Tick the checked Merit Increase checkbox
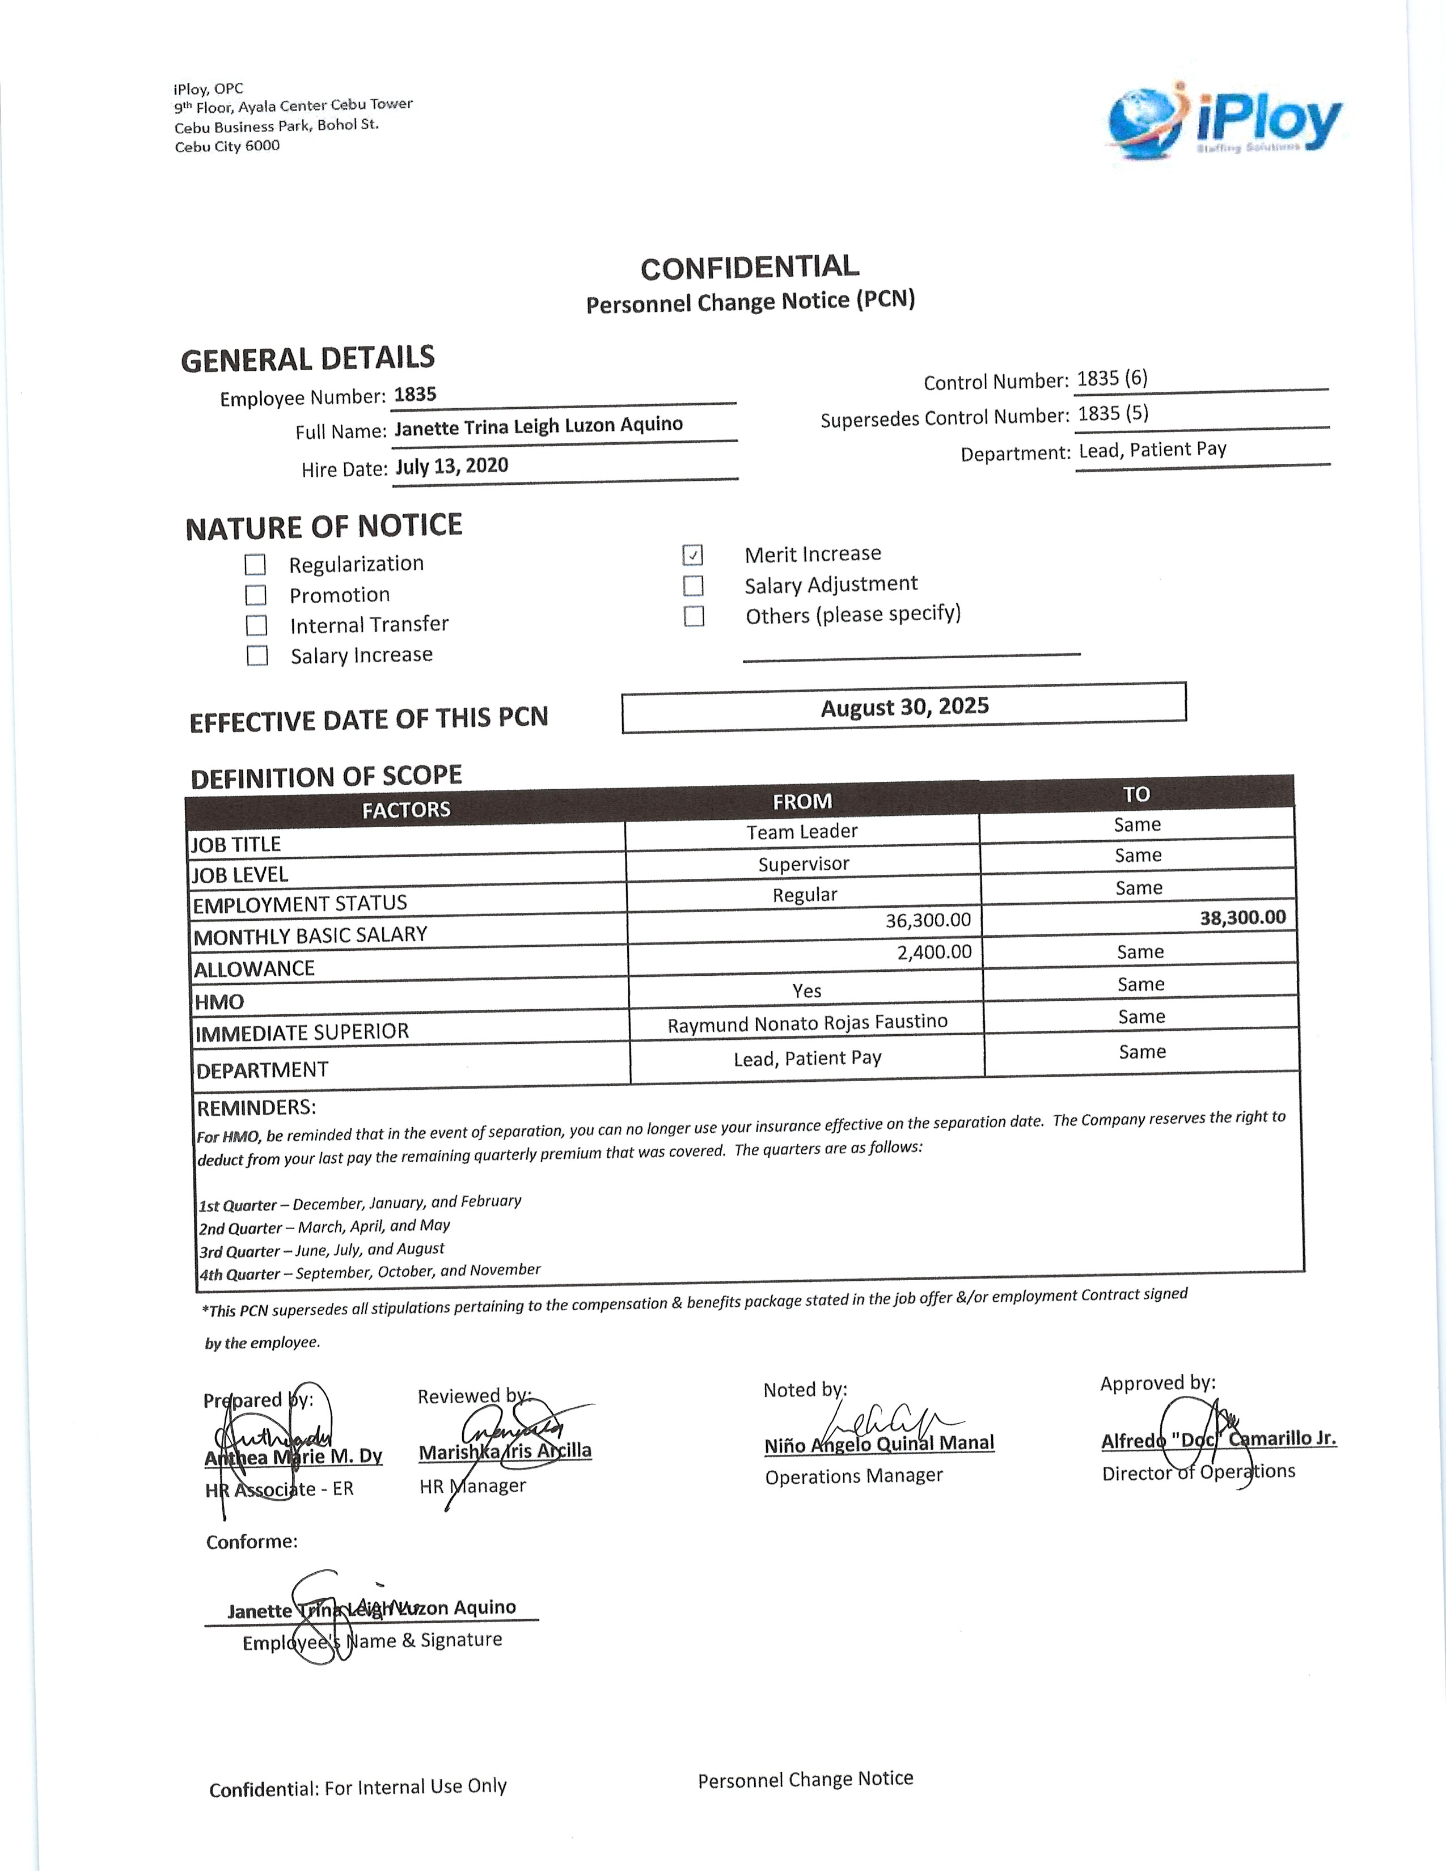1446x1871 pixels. click(693, 555)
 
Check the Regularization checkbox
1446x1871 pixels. click(255, 565)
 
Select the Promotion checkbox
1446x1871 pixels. click(256, 595)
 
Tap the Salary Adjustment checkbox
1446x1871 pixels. click(693, 586)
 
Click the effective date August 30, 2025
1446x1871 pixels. click(904, 707)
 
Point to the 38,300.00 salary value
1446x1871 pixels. click(1242, 917)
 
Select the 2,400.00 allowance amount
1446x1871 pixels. click(934, 952)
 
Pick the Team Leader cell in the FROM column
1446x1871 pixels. click(802, 832)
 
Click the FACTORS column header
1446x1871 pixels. click(406, 810)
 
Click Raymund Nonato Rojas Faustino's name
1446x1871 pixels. click(807, 1023)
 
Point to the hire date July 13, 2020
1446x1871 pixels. click(451, 466)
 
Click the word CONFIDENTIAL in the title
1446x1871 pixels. click(750, 267)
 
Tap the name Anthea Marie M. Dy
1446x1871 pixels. click(293, 1457)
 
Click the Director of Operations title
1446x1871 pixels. click(1198, 1472)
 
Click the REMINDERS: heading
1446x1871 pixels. click(256, 1108)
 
